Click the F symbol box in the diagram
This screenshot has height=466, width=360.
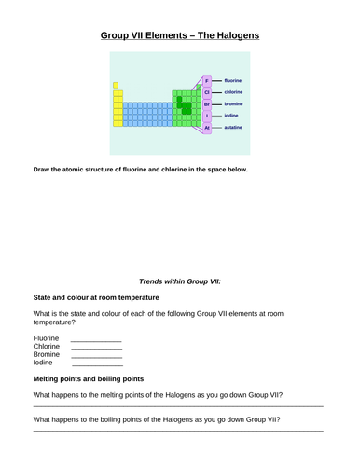(207, 81)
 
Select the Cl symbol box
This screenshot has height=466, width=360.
(207, 92)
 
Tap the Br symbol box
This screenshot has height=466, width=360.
(207, 104)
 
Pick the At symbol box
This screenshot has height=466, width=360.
(207, 128)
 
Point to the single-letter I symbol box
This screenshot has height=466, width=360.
(207, 116)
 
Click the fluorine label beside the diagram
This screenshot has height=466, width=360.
(234, 81)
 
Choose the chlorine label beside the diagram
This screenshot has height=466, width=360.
(235, 92)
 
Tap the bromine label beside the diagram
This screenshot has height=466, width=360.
(235, 104)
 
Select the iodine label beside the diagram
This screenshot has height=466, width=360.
(233, 116)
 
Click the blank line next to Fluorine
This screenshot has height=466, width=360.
(96, 340)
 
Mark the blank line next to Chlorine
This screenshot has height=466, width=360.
(96, 349)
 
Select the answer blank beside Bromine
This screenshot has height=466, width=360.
(96, 357)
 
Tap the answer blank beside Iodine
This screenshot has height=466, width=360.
(96, 365)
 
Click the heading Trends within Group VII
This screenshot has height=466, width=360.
(179, 281)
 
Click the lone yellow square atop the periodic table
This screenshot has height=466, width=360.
(116, 85)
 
